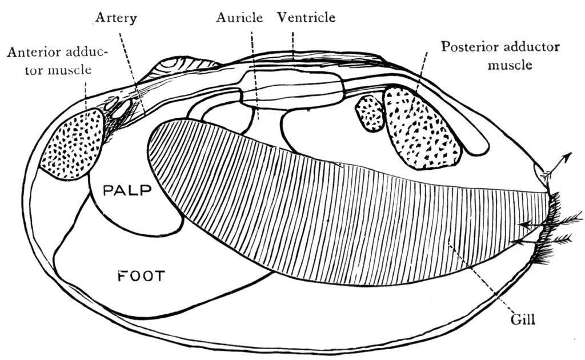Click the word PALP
point(126,190)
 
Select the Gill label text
point(524,321)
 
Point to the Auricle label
point(239,18)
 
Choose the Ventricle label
point(306,18)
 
